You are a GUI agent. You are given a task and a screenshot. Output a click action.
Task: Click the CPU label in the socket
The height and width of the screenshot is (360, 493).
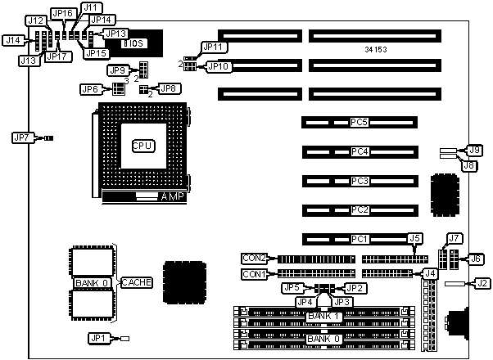(143, 145)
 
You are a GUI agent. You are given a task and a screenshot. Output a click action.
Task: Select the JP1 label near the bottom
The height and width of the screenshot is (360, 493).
(98, 338)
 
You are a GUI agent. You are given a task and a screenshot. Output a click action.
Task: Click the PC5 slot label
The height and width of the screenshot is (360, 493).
(359, 123)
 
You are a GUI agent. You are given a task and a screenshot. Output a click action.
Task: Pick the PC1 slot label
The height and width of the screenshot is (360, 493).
(359, 239)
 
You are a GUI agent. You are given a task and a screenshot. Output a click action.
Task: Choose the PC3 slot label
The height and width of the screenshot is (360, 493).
(359, 181)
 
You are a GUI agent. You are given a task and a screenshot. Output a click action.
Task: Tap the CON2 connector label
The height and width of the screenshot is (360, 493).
(255, 258)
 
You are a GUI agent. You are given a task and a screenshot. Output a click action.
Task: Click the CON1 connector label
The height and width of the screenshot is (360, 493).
(255, 274)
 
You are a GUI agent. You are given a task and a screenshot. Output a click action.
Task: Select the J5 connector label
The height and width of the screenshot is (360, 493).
(415, 239)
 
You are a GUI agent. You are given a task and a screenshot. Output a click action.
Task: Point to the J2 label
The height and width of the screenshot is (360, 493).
(482, 283)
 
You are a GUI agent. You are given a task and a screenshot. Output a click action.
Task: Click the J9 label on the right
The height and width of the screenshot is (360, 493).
(473, 150)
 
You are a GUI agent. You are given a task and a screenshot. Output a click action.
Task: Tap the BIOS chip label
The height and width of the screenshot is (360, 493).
(133, 43)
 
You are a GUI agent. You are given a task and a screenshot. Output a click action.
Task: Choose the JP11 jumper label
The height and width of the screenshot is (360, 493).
(215, 47)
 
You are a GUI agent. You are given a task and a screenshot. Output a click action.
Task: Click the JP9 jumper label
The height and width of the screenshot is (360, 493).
(118, 70)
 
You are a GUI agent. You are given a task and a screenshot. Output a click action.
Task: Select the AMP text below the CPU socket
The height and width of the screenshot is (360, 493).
(172, 197)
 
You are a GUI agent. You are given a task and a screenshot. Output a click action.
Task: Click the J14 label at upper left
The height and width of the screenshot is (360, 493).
(13, 39)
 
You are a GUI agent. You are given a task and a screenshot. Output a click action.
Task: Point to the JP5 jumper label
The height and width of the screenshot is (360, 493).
(291, 288)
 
